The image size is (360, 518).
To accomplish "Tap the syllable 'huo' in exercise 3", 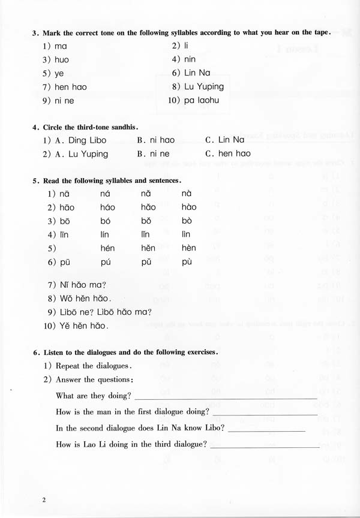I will (x=62, y=59).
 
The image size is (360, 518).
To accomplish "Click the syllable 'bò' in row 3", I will (x=187, y=221).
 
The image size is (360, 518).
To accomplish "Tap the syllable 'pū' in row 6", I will (x=67, y=262).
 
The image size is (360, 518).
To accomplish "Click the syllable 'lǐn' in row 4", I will (x=146, y=234).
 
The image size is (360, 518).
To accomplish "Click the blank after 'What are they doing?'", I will (x=226, y=396).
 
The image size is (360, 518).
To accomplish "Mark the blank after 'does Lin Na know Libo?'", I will (x=267, y=429).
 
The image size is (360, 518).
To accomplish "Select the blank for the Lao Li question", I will (x=265, y=445).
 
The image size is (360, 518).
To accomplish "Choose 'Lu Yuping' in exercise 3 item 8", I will (x=204, y=87).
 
